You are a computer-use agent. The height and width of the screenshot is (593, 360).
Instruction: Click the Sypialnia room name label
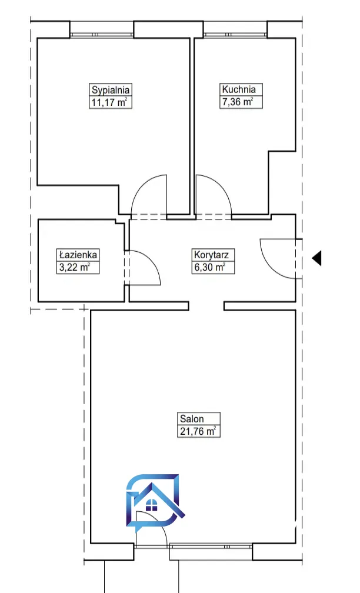click(111, 90)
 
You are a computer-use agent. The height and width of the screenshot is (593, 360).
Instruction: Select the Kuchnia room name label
click(239, 89)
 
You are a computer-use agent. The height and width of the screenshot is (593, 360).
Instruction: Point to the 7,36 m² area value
click(238, 102)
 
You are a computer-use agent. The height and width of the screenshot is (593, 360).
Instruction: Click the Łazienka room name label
click(78, 255)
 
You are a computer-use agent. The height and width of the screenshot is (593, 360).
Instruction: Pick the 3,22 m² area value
click(74, 267)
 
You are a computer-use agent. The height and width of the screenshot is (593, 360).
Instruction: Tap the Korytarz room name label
click(211, 255)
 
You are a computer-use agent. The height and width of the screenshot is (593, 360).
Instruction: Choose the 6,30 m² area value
click(210, 267)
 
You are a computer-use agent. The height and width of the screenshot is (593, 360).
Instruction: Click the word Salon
click(192, 419)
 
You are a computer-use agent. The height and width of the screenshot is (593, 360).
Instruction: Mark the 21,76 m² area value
click(198, 431)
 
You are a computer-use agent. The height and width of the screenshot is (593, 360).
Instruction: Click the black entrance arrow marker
click(316, 258)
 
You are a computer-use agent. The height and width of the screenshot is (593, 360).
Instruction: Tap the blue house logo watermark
click(155, 500)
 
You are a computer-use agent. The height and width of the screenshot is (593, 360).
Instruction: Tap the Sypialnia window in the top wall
click(102, 35)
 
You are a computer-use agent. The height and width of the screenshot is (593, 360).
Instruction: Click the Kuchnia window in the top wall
click(235, 35)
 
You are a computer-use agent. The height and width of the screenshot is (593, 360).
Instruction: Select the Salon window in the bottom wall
click(211, 546)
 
